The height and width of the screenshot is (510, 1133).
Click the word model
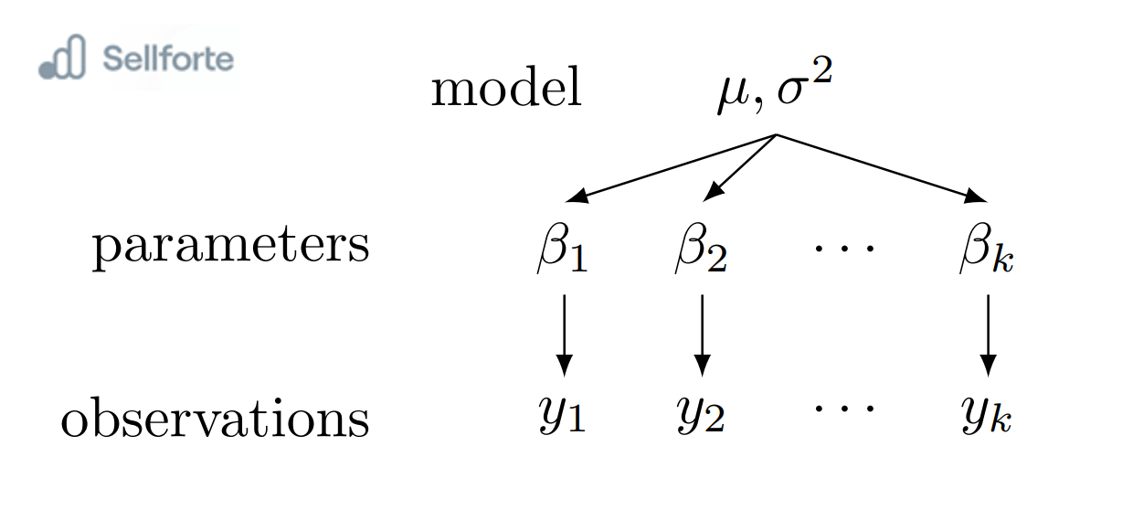coord(506,90)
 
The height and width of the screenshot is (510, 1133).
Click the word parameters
coord(230,246)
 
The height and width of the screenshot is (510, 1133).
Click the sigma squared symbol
coord(803,90)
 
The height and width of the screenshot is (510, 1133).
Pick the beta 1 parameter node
coord(561,250)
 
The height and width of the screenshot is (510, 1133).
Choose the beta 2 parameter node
coord(700,250)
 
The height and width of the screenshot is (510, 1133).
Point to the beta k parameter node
coord(986,250)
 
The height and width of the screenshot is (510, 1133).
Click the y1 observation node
coord(562,417)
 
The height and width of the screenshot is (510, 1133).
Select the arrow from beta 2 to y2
coord(702,334)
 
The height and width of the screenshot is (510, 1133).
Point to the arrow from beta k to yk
coord(987,334)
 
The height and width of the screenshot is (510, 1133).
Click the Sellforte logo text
coord(168,59)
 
